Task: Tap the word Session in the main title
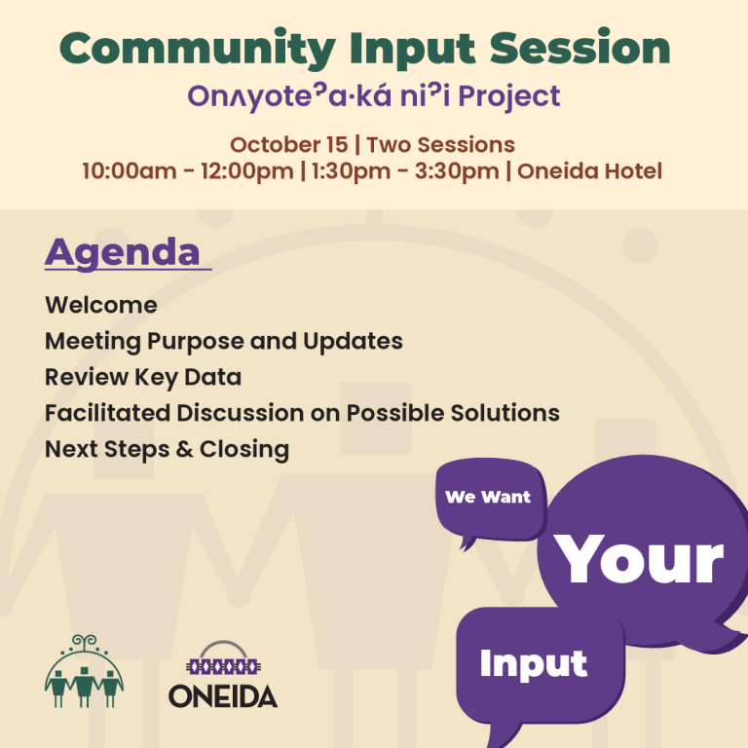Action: (x=580, y=48)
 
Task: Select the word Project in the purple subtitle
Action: (x=509, y=97)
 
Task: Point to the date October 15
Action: (x=289, y=144)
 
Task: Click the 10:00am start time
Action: (x=129, y=170)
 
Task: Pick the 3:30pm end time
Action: (x=457, y=170)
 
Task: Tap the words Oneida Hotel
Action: (x=589, y=170)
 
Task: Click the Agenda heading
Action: (x=122, y=253)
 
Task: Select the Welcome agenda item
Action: (x=101, y=305)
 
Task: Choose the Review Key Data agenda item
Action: (x=143, y=377)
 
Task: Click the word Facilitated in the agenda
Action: (x=107, y=413)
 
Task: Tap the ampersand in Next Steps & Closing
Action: (x=184, y=449)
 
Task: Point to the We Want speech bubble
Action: (x=490, y=499)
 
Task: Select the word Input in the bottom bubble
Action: (x=534, y=664)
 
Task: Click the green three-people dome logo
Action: (x=85, y=670)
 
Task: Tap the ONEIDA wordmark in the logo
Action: (x=223, y=696)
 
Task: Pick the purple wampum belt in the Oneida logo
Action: (x=223, y=666)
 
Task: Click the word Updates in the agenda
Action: (x=353, y=341)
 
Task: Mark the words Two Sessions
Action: (x=441, y=144)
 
